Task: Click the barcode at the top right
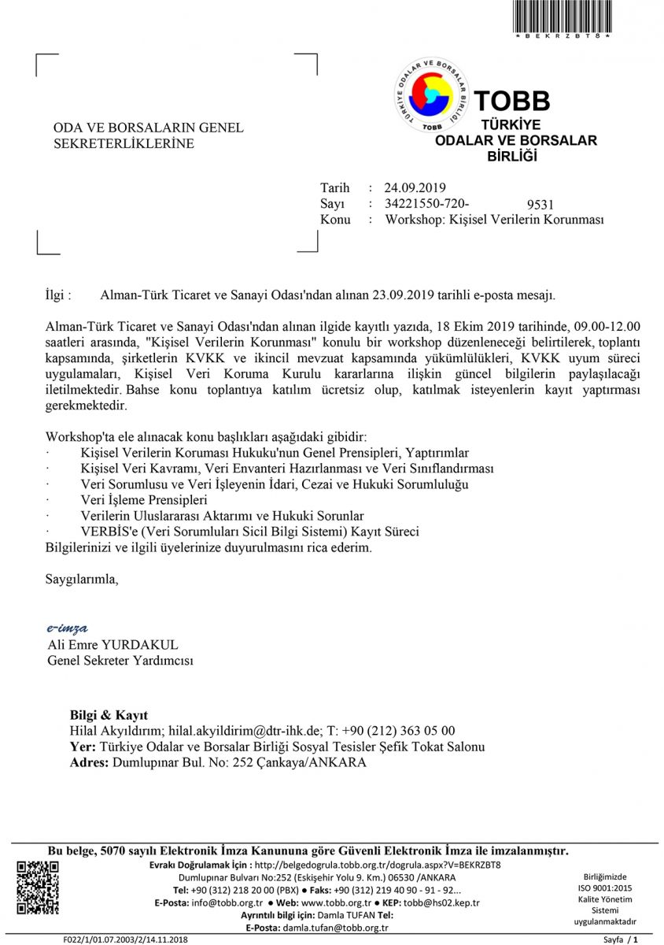[x=563, y=16]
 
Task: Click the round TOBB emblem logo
[x=431, y=94]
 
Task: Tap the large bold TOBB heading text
[x=512, y=101]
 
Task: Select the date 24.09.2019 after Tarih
[x=415, y=187]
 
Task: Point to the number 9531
[x=540, y=206]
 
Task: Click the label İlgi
[x=59, y=295]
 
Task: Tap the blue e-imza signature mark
[x=67, y=628]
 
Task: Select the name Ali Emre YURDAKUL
[x=113, y=645]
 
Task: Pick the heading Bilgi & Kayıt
[x=109, y=715]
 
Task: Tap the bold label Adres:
[x=90, y=762]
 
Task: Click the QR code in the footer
[x=38, y=888]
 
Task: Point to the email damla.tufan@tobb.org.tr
[x=339, y=928]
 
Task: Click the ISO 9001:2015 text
[x=605, y=888]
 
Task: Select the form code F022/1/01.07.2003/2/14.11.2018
[x=126, y=939]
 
